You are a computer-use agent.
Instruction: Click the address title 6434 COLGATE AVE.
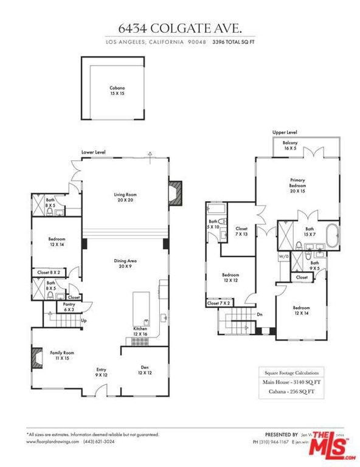[x=179, y=28]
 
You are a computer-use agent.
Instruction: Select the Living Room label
[x=123, y=198]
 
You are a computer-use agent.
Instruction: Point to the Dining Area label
[x=125, y=263]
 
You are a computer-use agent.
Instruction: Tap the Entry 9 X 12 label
[x=101, y=372]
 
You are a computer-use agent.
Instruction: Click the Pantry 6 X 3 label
[x=68, y=307]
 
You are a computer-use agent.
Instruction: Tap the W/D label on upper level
[x=283, y=257]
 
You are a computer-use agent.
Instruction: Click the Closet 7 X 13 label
[x=242, y=232]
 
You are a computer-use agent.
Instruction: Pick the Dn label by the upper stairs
[x=259, y=315]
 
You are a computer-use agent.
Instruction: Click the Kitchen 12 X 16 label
[x=140, y=332]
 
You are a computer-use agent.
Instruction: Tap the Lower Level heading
[x=94, y=152]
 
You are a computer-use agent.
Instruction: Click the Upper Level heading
[x=285, y=132]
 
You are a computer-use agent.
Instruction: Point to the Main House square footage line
[x=291, y=382]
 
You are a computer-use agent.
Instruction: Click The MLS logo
[x=332, y=445]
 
